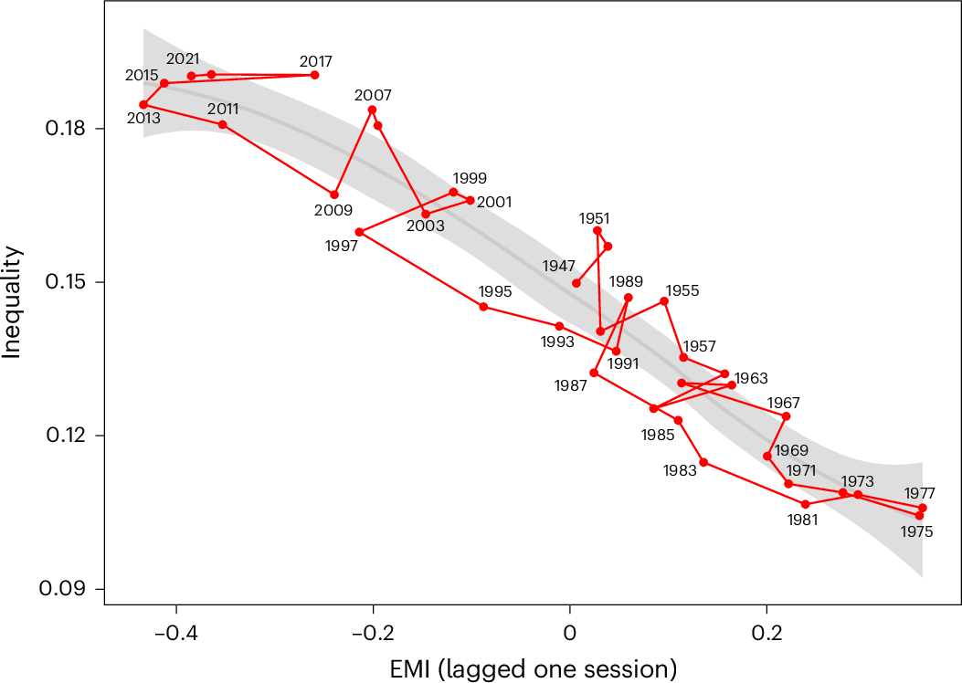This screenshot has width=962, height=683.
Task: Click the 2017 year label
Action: point(316,62)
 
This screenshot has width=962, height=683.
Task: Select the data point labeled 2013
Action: point(143,105)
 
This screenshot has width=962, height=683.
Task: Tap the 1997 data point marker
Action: point(359,232)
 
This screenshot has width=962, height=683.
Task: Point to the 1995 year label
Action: point(495,292)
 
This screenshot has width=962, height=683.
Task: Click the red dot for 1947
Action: point(576,283)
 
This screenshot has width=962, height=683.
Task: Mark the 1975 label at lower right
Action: point(916,531)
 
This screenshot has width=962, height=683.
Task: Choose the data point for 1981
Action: point(806,504)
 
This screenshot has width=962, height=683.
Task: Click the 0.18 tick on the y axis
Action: point(74,129)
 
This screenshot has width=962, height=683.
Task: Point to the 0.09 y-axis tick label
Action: point(74,589)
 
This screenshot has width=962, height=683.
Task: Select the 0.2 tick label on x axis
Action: point(766,632)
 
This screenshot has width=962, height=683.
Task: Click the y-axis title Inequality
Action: point(13,302)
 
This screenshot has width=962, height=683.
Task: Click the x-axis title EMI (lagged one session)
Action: point(534,667)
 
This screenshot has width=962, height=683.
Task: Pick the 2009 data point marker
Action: point(334,194)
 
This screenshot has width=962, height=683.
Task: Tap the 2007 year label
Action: point(373,95)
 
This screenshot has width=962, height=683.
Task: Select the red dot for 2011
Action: point(223,124)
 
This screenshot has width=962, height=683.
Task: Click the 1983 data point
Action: point(703,462)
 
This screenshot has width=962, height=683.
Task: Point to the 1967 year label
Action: point(784,403)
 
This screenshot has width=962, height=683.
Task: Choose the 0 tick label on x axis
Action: point(570,632)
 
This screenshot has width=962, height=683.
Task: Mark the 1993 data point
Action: point(559,326)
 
